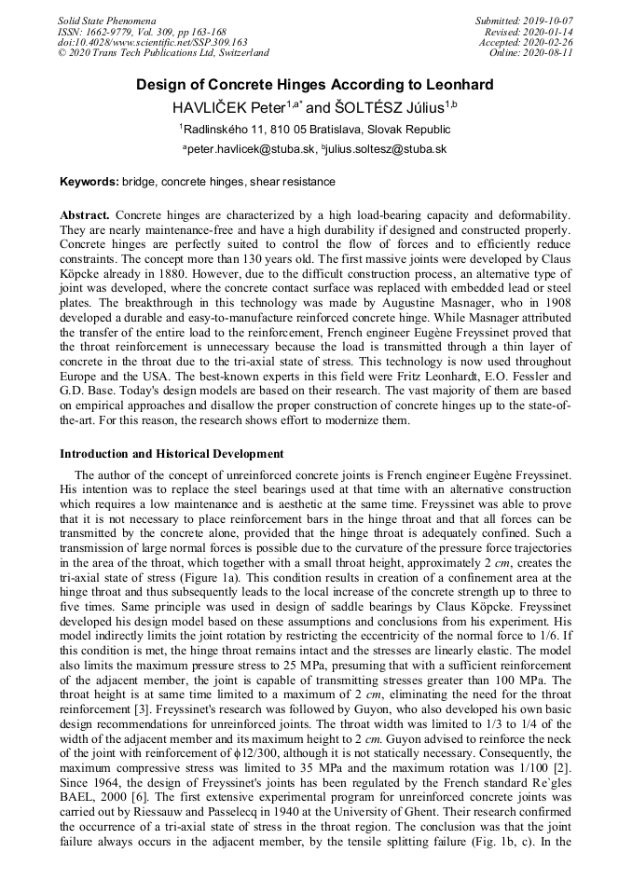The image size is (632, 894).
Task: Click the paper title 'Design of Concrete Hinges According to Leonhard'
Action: (315, 85)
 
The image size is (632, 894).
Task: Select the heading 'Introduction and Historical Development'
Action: (172, 454)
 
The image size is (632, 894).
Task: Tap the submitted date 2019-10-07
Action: (548, 21)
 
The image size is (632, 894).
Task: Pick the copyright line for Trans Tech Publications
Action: (163, 53)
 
